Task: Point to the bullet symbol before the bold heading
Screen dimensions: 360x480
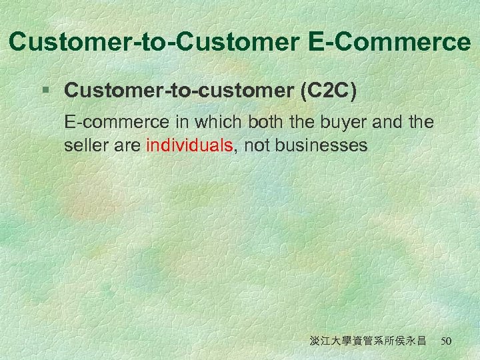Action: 45,90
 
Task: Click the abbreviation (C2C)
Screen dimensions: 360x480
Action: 329,90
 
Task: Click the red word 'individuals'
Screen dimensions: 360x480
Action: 189,146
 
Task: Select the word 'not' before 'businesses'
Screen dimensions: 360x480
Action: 255,146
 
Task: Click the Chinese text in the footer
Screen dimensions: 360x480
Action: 368,341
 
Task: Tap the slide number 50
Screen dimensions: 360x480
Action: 446,341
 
